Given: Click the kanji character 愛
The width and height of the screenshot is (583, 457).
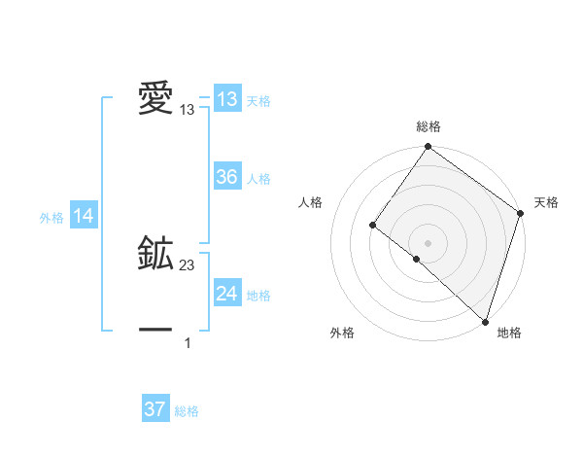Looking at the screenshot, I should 155,99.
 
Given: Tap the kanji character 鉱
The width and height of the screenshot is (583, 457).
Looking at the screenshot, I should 155,254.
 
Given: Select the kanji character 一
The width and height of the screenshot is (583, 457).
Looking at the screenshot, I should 155,331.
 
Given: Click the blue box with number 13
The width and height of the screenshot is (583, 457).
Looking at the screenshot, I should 226,99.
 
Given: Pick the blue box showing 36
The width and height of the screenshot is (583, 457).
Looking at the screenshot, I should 226,177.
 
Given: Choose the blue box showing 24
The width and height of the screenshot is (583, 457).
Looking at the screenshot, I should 226,294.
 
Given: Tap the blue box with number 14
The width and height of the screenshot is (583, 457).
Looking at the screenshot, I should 83,217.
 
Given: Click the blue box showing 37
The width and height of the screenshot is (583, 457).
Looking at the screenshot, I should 154,409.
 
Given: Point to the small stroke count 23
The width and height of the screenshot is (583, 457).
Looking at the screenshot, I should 188,265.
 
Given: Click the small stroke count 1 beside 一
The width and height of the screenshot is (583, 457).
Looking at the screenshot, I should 188,343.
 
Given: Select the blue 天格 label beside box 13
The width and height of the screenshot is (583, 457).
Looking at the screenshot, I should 258,101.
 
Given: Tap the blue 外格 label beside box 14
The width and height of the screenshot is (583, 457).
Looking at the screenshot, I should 51,218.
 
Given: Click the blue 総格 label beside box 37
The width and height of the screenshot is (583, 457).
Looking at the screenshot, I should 187,411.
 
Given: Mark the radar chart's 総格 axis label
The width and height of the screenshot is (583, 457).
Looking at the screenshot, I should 429,126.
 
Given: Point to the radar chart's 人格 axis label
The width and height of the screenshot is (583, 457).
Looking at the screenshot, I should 311,202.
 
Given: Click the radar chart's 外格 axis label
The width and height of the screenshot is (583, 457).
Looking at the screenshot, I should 342,333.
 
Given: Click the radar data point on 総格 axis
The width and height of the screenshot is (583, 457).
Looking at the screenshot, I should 429,147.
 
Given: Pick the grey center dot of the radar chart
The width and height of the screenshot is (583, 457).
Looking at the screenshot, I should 429,243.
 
